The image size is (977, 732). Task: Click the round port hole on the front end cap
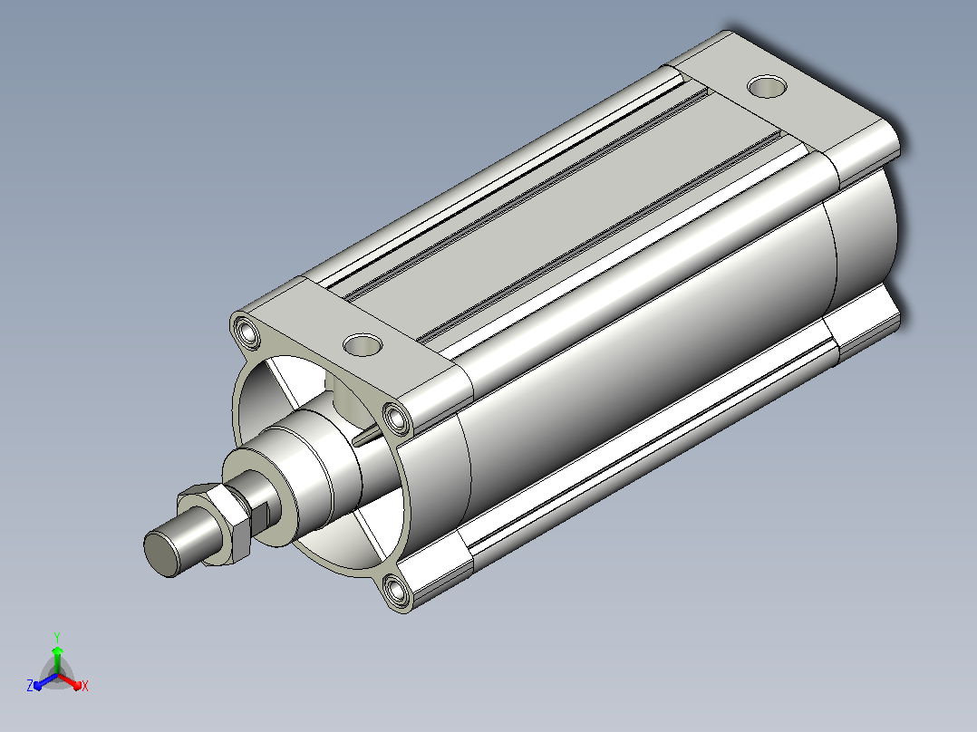pyautogui.click(x=362, y=344)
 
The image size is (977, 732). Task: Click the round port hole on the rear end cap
pyautogui.click(x=767, y=87)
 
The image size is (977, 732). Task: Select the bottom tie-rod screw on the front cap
pyautogui.click(x=396, y=590)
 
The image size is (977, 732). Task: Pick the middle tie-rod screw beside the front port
pyautogui.click(x=396, y=418)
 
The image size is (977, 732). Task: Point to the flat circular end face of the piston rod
pyautogui.click(x=160, y=554)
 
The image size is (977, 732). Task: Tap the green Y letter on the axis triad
pyautogui.click(x=57, y=637)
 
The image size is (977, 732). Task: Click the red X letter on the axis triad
pyautogui.click(x=85, y=686)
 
